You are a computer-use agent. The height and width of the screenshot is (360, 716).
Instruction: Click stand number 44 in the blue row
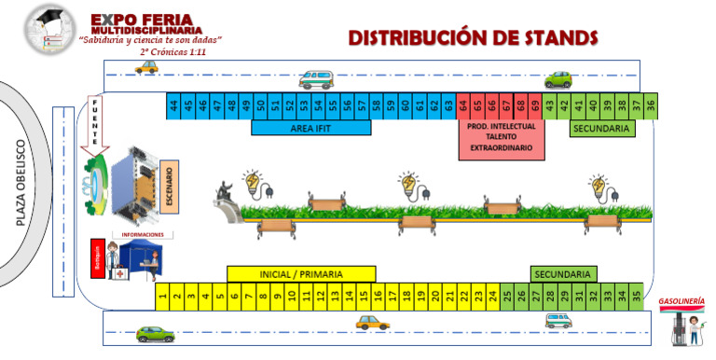173,105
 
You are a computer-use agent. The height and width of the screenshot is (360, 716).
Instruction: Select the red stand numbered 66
492,105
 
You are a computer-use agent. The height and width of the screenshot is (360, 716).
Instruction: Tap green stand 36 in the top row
650,105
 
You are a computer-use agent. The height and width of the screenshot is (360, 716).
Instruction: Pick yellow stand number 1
162,297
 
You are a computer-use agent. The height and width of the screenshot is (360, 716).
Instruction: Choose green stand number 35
636,297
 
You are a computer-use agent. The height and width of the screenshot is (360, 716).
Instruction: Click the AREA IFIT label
311,128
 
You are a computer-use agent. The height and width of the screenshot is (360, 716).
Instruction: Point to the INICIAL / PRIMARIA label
301,274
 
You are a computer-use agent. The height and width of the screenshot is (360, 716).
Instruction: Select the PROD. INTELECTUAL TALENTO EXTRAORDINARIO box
501,138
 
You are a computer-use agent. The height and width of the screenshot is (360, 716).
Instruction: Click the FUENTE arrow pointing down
95,124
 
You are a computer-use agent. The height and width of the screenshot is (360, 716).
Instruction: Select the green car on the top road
558,79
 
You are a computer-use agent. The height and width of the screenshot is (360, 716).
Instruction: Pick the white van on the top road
315,79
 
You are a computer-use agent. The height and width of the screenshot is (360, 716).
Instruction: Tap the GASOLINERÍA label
681,302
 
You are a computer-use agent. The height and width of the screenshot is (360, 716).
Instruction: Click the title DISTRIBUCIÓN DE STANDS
472,37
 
